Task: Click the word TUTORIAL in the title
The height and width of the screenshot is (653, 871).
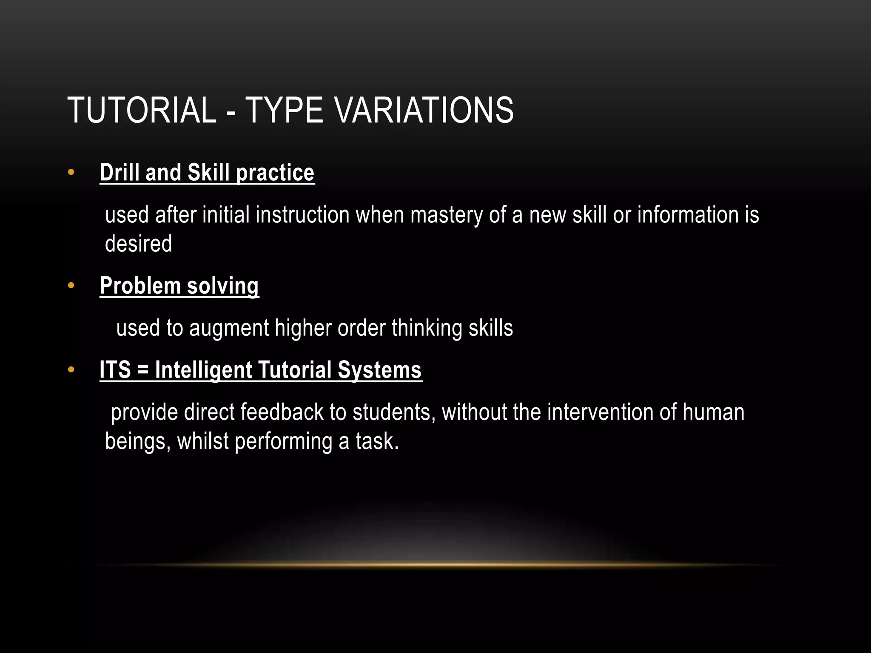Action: [142, 111]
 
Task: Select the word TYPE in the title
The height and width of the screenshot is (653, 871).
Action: [284, 111]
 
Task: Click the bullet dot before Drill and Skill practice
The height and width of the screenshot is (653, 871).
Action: [71, 173]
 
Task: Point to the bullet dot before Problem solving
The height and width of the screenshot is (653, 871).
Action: [71, 285]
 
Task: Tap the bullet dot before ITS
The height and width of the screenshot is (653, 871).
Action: [71, 369]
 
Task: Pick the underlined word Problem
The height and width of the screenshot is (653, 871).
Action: [140, 286]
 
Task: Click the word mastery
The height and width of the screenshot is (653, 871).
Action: [446, 215]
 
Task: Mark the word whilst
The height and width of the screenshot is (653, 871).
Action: [203, 441]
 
